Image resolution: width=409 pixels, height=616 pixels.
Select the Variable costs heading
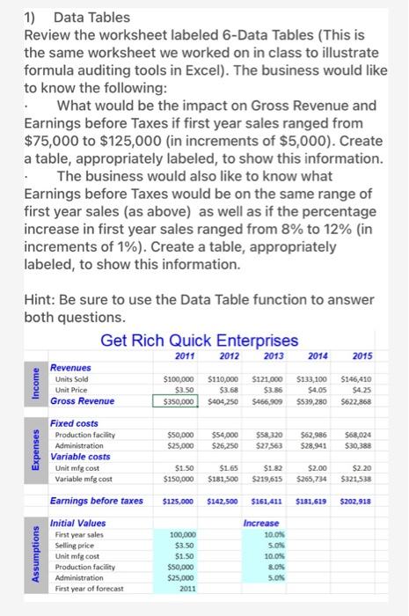(81, 457)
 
